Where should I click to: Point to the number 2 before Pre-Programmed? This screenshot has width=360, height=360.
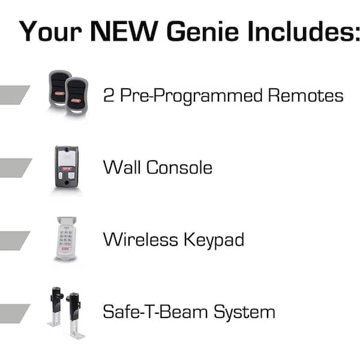(x=109, y=95)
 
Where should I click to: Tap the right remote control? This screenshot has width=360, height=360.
(x=77, y=95)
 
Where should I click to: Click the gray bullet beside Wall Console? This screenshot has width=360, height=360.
(x=14, y=167)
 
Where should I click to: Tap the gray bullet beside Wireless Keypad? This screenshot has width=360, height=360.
(x=14, y=239)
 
